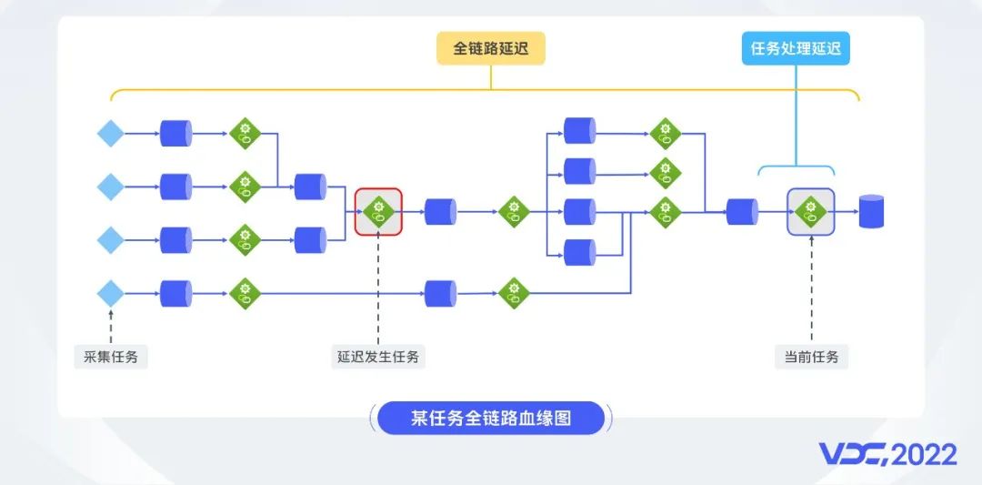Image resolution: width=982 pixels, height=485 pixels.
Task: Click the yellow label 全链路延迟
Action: pyautogui.click(x=491, y=48)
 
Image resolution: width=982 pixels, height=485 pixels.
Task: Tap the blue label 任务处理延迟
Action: pyautogui.click(x=796, y=48)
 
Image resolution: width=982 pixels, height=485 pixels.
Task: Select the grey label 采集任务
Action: pyautogui.click(x=111, y=358)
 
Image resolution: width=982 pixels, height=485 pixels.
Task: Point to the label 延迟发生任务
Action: pyautogui.click(x=378, y=358)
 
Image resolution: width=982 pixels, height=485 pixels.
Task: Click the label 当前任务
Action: pyautogui.click(x=812, y=358)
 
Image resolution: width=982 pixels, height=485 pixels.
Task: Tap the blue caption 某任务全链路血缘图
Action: pyautogui.click(x=491, y=418)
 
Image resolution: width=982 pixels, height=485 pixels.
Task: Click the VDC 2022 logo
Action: pyautogui.click(x=888, y=455)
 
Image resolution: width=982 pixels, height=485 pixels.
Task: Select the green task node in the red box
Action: pyautogui.click(x=378, y=212)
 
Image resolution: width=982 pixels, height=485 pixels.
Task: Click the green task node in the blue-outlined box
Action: pyautogui.click(x=811, y=212)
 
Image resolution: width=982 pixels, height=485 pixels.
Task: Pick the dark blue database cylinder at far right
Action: pyautogui.click(x=871, y=211)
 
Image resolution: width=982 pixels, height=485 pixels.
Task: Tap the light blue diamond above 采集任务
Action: pyautogui.click(x=111, y=293)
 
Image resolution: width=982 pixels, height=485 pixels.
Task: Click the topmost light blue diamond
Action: pyautogui.click(x=111, y=134)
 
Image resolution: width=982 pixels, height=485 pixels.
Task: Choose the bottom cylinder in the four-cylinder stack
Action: pyautogui.click(x=579, y=253)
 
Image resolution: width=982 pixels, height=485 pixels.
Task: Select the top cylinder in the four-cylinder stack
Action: pyautogui.click(x=579, y=130)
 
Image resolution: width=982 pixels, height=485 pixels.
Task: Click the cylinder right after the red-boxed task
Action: pyautogui.click(x=440, y=212)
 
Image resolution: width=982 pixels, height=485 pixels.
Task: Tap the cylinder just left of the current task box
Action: pyautogui.click(x=742, y=212)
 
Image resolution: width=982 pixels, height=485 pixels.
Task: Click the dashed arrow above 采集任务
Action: pyautogui.click(x=111, y=326)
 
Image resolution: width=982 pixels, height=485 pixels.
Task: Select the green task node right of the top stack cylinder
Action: pyautogui.click(x=665, y=134)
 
